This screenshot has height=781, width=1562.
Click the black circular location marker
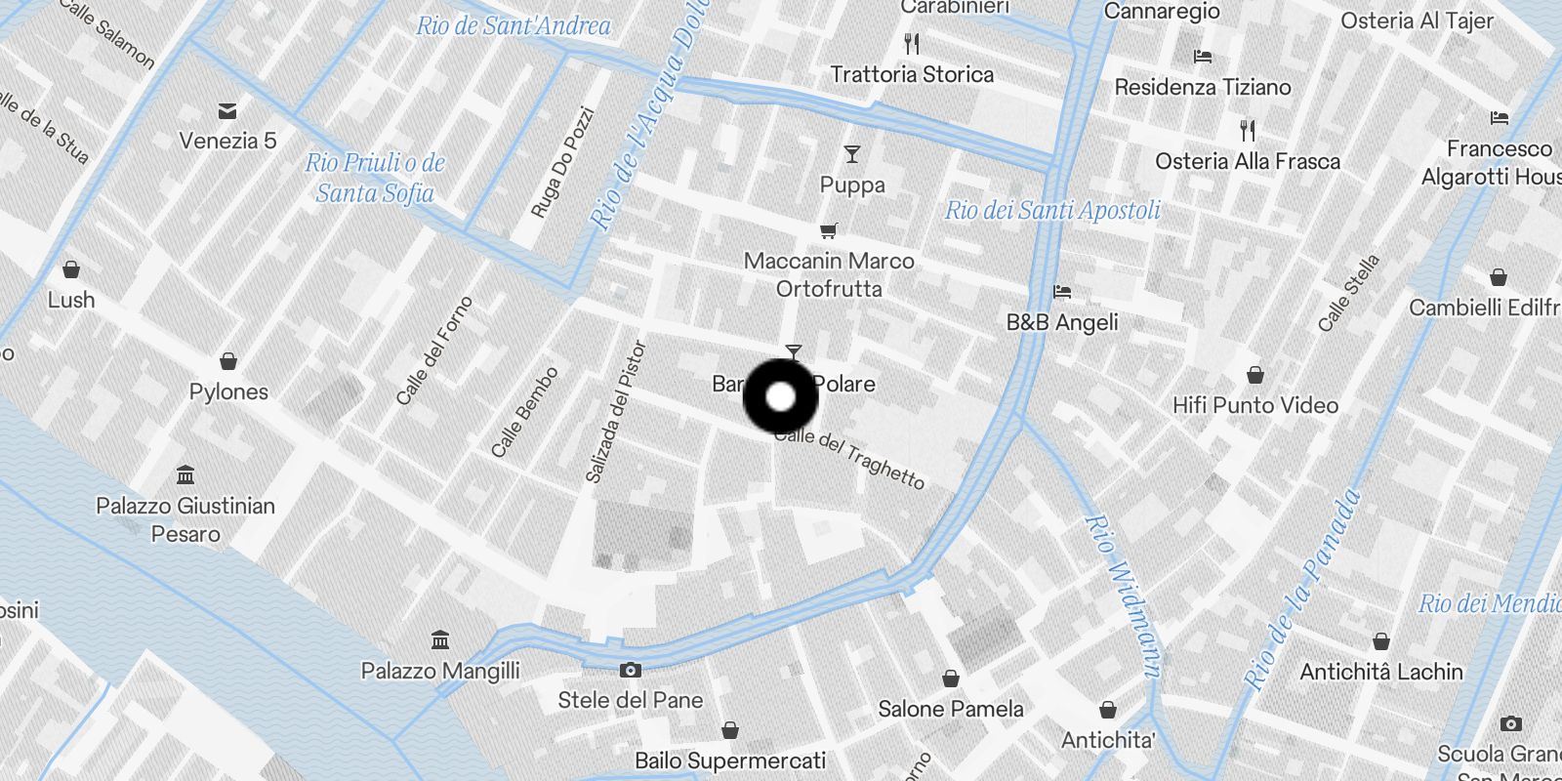point(780,396)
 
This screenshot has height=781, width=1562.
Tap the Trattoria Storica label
point(912,74)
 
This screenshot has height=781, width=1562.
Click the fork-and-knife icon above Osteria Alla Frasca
point(1247,130)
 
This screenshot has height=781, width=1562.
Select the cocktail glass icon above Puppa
point(852,154)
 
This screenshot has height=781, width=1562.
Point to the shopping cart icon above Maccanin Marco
point(828,231)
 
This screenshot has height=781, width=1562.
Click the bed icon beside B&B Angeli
point(1062,291)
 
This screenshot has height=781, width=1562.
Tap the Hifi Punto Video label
point(1254,405)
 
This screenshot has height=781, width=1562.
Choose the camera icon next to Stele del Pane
point(631,670)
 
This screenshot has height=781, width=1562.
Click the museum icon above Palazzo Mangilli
point(440,640)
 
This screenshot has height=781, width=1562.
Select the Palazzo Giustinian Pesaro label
point(185,519)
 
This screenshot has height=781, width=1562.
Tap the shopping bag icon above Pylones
point(228,362)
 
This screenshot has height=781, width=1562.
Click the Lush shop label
point(71,300)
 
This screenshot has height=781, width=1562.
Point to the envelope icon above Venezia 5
point(227,111)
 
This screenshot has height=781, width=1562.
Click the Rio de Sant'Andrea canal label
point(514,26)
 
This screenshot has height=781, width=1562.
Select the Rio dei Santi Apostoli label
point(1052,210)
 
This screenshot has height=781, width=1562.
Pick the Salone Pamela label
point(950,709)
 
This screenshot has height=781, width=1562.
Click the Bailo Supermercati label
point(729,760)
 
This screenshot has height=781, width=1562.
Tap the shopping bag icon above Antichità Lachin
point(1380,641)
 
